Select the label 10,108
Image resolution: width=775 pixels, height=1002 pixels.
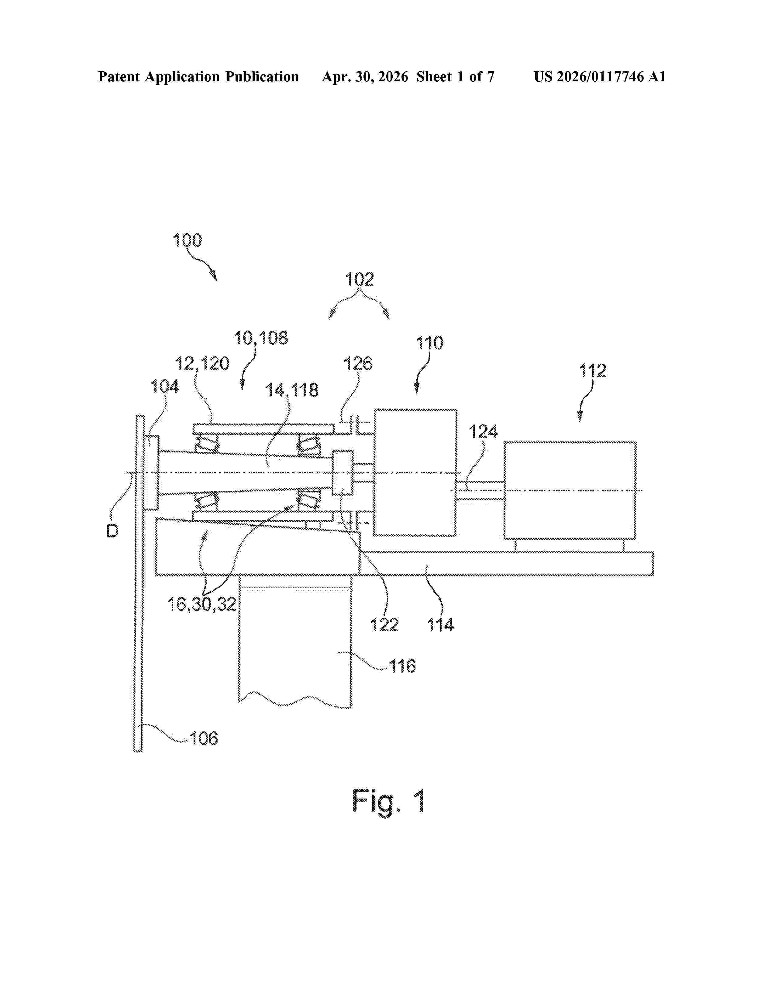point(261,338)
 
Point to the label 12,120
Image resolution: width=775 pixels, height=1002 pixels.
point(202,364)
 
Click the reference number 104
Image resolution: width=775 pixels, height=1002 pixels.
point(165,387)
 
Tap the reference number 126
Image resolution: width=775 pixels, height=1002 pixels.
point(358,364)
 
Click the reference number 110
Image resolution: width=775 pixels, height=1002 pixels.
point(430,343)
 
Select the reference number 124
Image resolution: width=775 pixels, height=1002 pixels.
point(483,432)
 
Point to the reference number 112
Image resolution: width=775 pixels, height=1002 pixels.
point(593,371)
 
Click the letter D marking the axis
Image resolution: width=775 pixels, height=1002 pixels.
point(112,531)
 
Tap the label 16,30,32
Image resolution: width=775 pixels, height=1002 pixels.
point(201,604)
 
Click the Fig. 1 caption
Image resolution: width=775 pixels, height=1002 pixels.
point(388,802)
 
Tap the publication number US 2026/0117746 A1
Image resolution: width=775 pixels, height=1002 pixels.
point(600,77)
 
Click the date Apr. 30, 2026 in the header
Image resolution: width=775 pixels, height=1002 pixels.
point(365,77)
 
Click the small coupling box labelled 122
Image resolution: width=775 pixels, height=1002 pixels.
point(343,472)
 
